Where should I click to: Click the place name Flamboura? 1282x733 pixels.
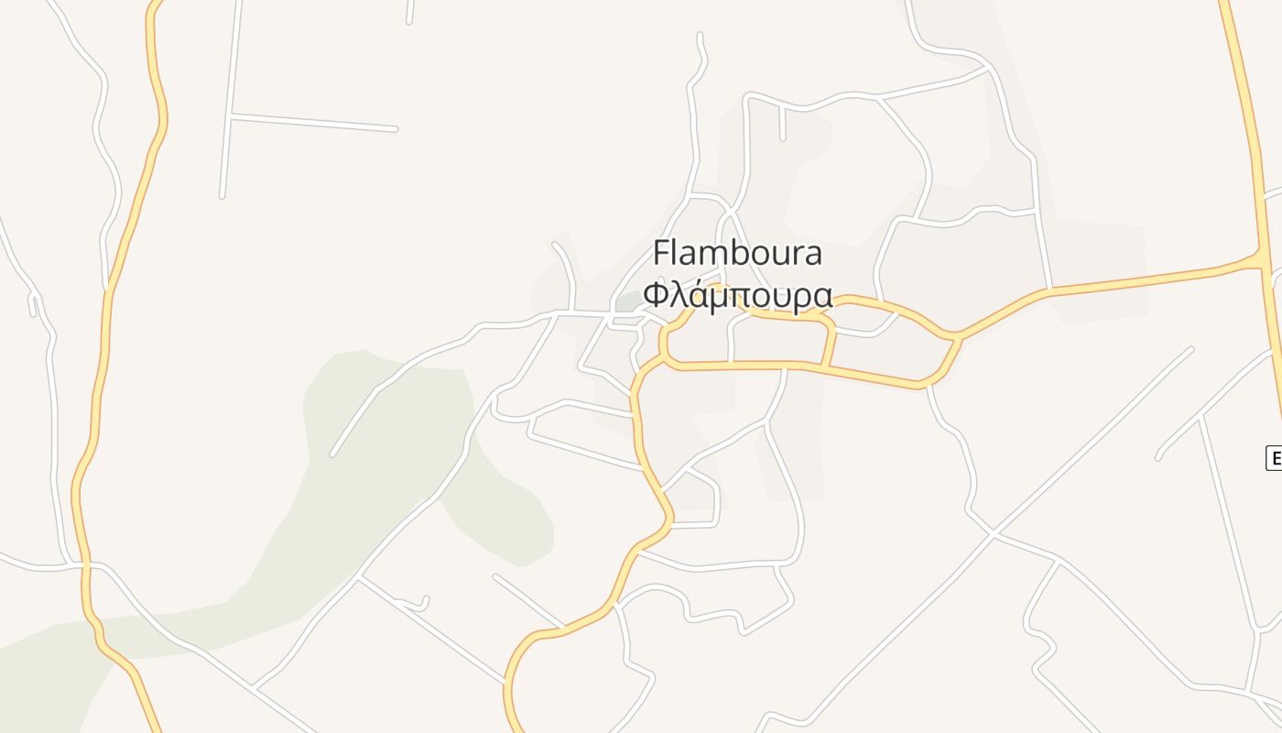[x=737, y=253]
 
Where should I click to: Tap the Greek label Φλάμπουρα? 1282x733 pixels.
[x=737, y=295]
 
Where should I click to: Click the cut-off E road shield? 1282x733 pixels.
[x=1274, y=458]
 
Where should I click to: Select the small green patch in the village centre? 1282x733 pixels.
[x=628, y=301]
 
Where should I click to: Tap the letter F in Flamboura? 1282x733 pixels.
[x=662, y=253]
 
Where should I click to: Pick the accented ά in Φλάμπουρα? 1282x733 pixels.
[x=695, y=295]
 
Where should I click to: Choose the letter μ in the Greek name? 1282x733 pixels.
[x=717, y=298]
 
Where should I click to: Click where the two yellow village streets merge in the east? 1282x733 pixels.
[x=956, y=337]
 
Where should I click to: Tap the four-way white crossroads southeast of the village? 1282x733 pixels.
[x=993, y=533]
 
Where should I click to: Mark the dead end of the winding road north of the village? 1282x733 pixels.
[x=701, y=36]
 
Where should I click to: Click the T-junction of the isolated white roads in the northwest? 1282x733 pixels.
[x=232, y=115]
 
